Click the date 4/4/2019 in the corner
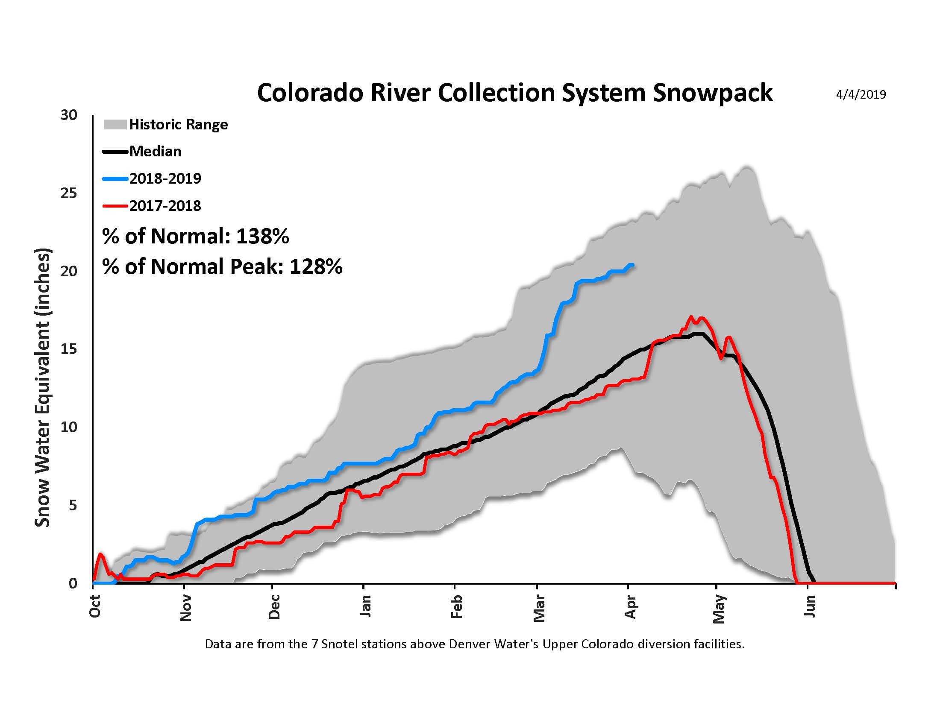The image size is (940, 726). (x=861, y=95)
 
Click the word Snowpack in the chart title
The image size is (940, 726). (x=712, y=94)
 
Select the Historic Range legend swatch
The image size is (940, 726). (x=115, y=125)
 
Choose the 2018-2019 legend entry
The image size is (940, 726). (x=165, y=179)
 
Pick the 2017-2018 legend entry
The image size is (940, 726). (x=165, y=205)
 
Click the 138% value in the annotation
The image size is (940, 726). (x=262, y=236)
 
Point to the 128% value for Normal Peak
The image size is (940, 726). (x=315, y=266)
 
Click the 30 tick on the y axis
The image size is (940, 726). (x=69, y=115)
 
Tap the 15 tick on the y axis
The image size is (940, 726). (x=69, y=349)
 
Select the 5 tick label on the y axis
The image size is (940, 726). (x=72, y=505)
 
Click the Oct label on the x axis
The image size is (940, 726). (x=95, y=606)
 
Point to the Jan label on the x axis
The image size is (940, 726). (x=365, y=606)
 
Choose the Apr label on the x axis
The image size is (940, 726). (x=630, y=607)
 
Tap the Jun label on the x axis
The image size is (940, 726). (x=810, y=606)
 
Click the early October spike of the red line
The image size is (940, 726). (x=101, y=553)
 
